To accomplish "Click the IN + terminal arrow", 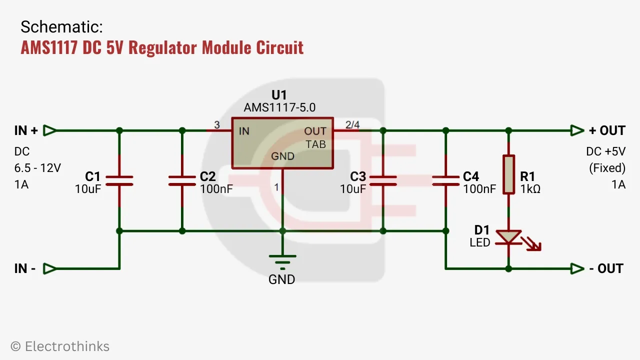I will coord(49,130).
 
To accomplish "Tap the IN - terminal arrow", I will coord(49,268).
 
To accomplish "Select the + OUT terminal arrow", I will coord(577,130).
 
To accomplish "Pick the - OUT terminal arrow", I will coord(577,268).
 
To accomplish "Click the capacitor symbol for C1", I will coord(119,180).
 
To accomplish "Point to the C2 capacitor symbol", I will coord(182,180).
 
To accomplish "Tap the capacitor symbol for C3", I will coord(383,180).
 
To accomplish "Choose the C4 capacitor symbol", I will coord(446,180).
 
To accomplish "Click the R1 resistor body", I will coord(508,174).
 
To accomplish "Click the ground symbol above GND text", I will coord(282,261).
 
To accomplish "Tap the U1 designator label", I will coord(279,95).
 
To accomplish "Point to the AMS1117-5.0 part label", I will coord(279,107).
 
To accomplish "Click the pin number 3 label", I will coord(217,124).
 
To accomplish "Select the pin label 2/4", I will coord(352,124).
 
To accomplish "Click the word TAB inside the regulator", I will coord(316,144).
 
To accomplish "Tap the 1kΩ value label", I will coord(530,189).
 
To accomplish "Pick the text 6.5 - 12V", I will coord(37,168).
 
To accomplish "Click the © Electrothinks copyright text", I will coord(60,346).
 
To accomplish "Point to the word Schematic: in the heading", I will coord(61,27).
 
